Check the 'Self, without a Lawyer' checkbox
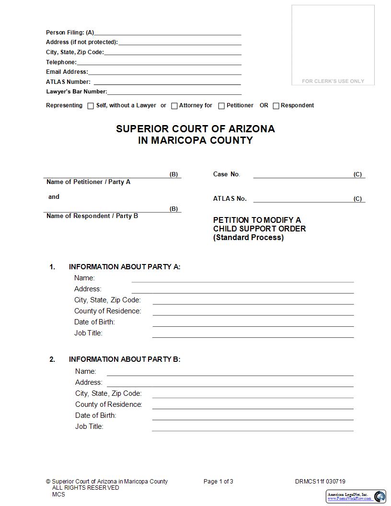click(x=91, y=106)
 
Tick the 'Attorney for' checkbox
click(x=174, y=106)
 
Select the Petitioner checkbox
click(x=221, y=106)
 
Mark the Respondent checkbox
click(x=276, y=106)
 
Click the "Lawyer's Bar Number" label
click(x=76, y=92)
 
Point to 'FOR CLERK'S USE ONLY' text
click(x=333, y=81)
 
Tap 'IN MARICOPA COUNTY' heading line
click(x=195, y=140)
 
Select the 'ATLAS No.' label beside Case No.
click(x=230, y=198)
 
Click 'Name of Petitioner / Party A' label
click(x=88, y=182)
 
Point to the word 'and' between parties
click(x=54, y=197)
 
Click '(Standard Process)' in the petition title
click(x=248, y=238)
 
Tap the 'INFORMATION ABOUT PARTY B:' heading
click(x=125, y=359)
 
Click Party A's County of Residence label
click(x=107, y=311)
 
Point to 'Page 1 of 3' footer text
click(x=218, y=482)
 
